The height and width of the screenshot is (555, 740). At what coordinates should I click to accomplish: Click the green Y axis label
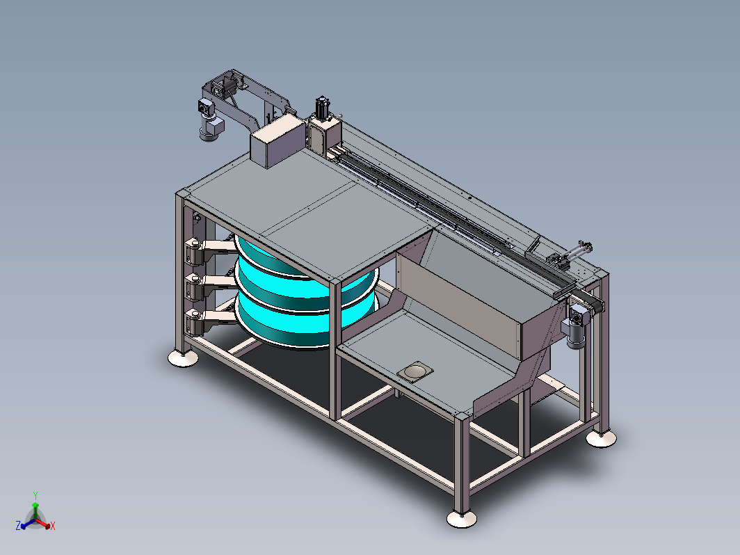pyautogui.click(x=35, y=495)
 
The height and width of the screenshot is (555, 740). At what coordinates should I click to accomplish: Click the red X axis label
pyautogui.click(x=52, y=526)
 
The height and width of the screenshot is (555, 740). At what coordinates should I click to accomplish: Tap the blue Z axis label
pyautogui.click(x=18, y=526)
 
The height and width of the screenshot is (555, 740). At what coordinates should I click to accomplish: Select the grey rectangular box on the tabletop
pyautogui.click(x=277, y=142)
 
